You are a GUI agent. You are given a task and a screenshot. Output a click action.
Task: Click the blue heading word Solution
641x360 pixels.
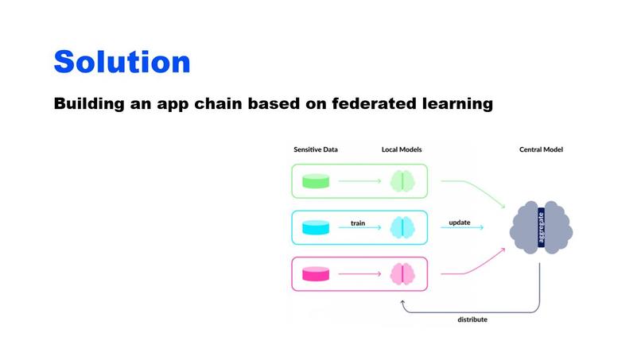pos(122,61)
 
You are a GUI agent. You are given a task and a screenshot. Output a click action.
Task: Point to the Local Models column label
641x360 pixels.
pos(402,149)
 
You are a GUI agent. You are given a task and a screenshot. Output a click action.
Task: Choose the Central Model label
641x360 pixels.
pos(541,149)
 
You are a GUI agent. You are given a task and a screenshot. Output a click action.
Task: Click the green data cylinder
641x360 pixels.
pos(315,182)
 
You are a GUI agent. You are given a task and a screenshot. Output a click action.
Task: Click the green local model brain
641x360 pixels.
pos(402,182)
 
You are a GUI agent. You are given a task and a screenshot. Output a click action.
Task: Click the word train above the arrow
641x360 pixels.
pos(358,223)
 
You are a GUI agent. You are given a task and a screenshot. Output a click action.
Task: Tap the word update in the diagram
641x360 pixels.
pos(460,222)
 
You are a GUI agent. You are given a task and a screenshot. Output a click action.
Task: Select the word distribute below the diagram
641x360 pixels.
pos(472,319)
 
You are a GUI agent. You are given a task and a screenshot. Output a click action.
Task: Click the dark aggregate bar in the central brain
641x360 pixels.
pos(541,228)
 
